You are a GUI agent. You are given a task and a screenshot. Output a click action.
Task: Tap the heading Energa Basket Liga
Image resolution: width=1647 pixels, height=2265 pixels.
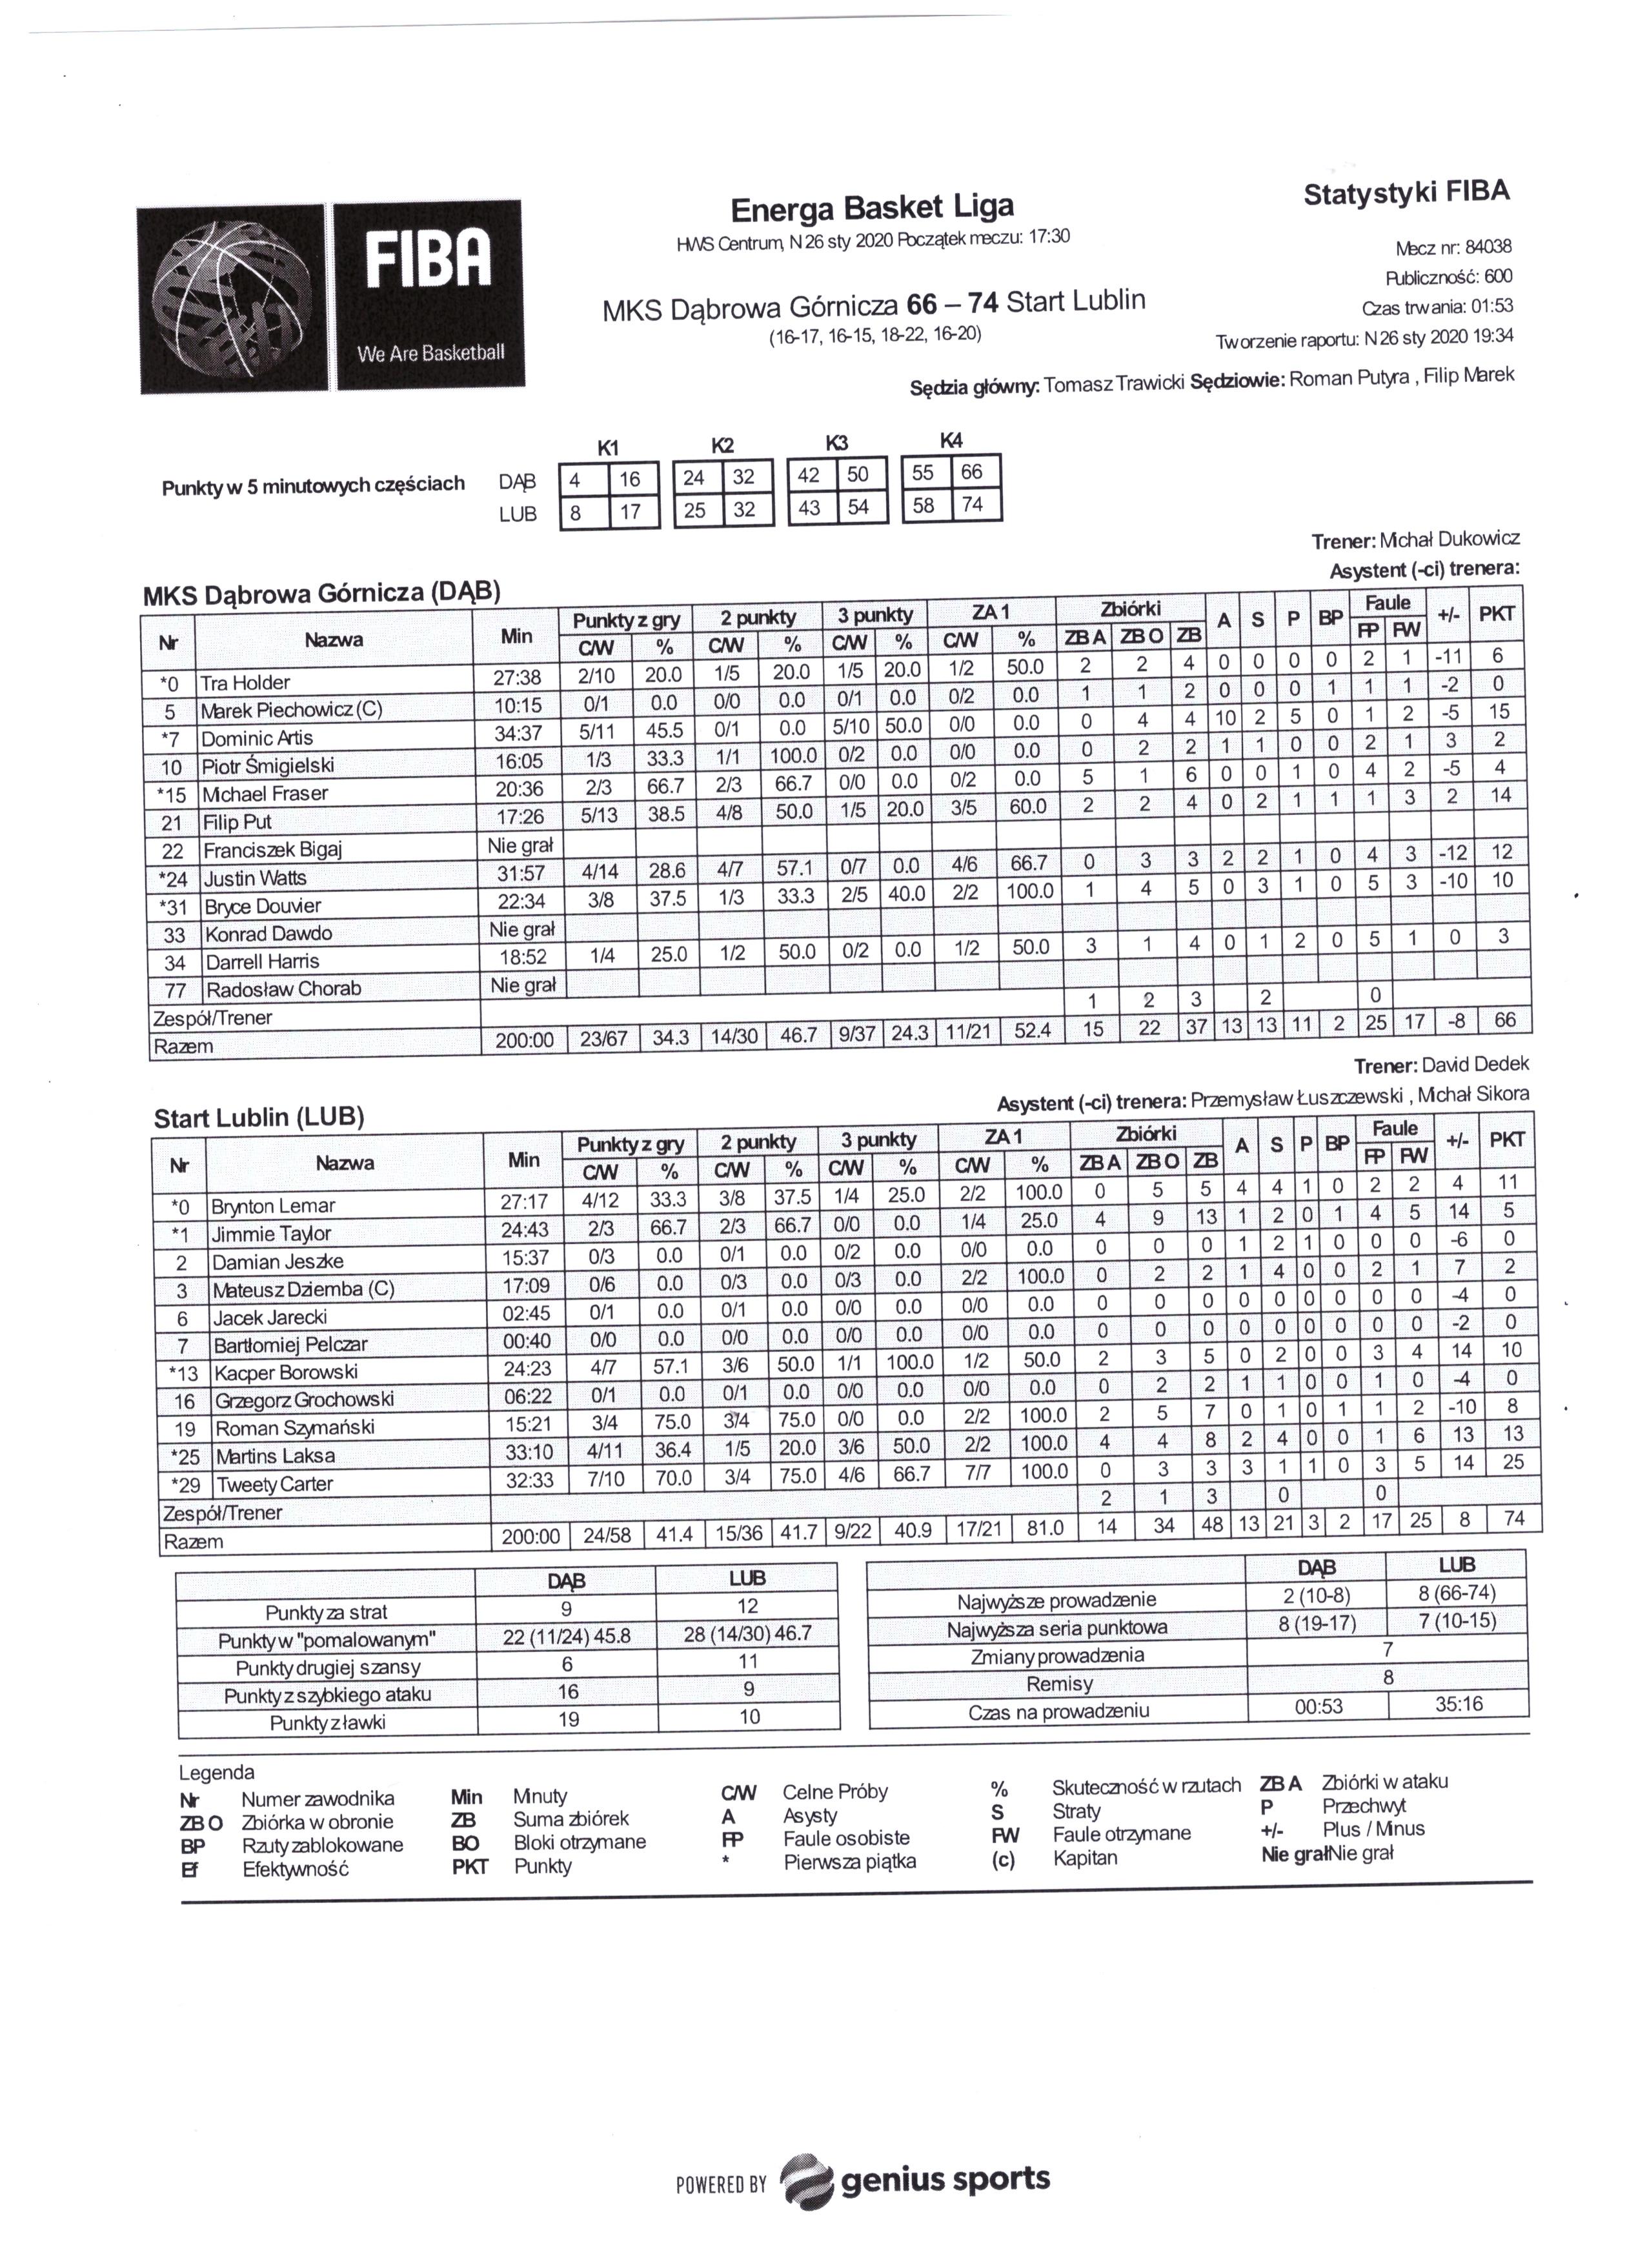(872, 208)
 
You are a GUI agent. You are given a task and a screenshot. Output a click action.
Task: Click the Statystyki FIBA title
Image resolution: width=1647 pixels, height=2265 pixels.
(1405, 193)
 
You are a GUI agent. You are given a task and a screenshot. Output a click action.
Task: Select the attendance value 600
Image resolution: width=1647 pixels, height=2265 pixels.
(1498, 277)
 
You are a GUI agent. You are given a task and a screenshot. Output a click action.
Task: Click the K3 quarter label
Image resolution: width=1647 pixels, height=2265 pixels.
(837, 443)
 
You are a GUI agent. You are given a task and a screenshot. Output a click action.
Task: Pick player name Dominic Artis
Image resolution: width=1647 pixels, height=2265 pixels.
(257, 738)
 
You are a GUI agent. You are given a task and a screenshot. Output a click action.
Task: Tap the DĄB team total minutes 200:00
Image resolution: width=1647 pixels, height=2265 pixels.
(524, 1040)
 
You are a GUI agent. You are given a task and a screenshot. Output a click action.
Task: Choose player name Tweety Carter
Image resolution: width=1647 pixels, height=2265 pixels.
(275, 1484)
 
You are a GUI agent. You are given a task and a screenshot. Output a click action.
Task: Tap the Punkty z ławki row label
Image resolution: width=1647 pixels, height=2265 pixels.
(327, 1722)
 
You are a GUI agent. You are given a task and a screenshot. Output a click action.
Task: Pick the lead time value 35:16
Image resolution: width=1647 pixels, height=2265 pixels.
(1459, 1704)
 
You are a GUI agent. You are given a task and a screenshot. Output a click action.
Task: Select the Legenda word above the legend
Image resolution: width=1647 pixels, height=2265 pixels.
(217, 1773)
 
